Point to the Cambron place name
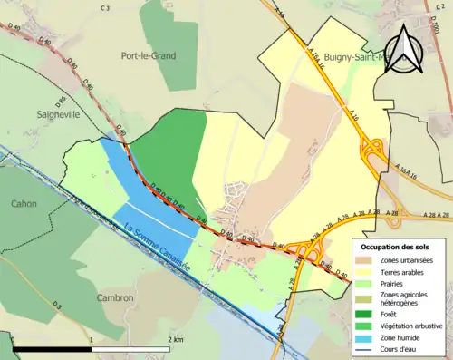[x=116, y=297]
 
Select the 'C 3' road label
[x=104, y=8]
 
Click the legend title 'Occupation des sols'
[x=395, y=247]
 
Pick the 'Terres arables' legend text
[x=404, y=270]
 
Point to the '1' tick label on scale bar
[x=92, y=339]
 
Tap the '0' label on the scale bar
[x=13, y=339]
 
